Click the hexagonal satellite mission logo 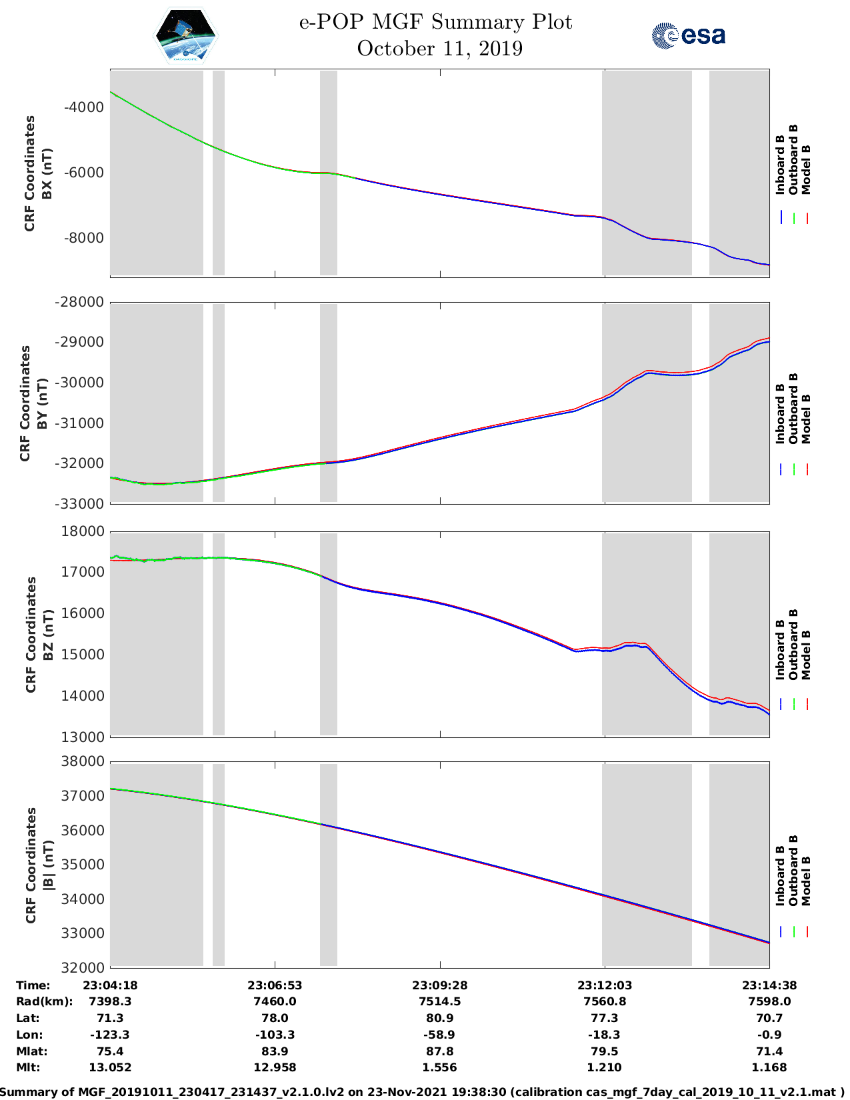pos(186,36)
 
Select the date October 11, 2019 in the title pos(439,49)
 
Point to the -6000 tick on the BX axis pos(83,173)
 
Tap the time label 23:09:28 pos(439,985)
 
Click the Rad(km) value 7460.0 pos(275,1001)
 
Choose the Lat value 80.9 pos(439,1018)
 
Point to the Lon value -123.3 pos(110,1035)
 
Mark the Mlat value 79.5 pos(604,1051)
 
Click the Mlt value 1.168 pos(769,1067)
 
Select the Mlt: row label pos(28,1067)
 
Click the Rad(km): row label pos(44,1001)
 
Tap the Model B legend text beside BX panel pos(806,169)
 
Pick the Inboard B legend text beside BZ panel pos(780,649)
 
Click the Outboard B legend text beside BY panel pos(793,408)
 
